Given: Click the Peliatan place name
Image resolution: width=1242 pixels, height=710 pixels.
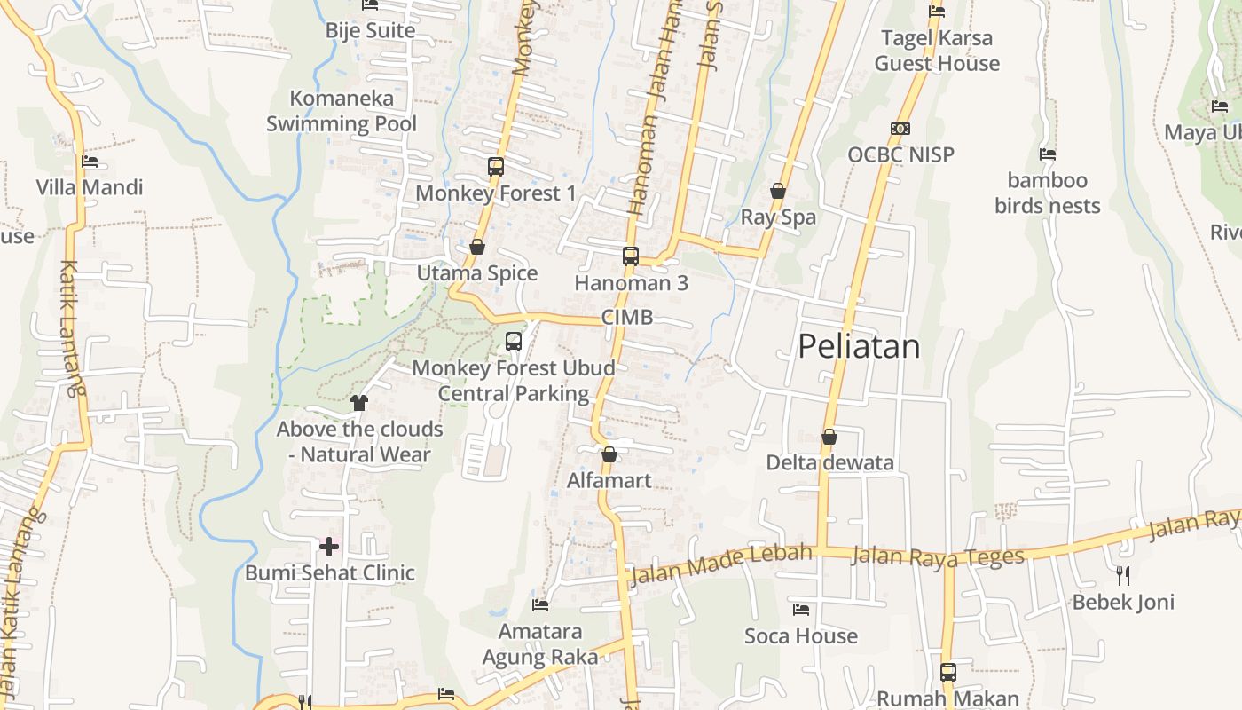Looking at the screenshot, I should coord(859,346).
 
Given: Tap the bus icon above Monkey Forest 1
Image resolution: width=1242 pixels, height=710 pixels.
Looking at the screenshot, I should coord(496,166).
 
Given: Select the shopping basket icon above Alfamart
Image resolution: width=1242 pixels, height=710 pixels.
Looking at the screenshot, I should coord(609,454).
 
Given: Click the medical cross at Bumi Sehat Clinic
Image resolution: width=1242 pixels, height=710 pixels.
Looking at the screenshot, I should coord(329,546).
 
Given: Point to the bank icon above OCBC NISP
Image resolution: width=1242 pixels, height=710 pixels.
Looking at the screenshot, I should coord(900,129).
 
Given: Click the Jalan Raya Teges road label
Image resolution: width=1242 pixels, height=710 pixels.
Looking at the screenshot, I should coord(938,556).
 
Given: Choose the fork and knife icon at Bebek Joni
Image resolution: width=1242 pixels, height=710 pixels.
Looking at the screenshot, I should coord(1123,575).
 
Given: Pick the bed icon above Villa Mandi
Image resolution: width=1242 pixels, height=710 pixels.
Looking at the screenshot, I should coord(90,162).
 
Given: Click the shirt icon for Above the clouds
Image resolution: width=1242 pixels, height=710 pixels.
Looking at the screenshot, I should coord(358,402).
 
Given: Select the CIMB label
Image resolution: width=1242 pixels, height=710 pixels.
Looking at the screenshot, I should coord(627,318).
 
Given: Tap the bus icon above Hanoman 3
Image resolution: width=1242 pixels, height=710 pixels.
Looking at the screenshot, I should coord(631,256).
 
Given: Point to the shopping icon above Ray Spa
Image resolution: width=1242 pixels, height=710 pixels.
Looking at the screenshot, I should coord(778,191).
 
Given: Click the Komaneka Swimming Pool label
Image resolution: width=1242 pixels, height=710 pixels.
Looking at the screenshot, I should coord(342,111).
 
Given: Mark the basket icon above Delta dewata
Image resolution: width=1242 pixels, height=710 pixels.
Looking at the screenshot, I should coord(829,437).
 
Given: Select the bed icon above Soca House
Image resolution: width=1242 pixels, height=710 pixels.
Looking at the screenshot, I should coord(801,610).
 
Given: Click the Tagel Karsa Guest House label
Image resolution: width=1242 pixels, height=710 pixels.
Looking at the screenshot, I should coord(937,51).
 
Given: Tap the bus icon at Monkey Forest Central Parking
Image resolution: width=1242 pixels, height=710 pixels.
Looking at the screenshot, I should coord(513,341).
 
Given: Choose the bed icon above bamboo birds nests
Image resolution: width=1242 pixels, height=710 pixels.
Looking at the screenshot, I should coord(1048,154).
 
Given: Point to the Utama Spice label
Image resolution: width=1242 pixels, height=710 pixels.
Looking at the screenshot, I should coord(477,273).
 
